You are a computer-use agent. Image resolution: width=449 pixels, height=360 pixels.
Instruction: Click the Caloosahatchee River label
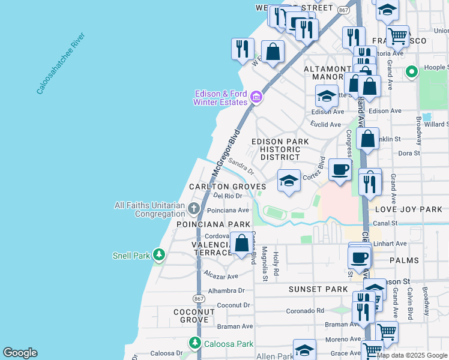click(x=61, y=64)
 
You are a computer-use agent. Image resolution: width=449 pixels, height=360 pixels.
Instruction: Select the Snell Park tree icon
click(x=158, y=255)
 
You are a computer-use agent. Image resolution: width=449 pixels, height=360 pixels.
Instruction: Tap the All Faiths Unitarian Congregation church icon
click(x=193, y=209)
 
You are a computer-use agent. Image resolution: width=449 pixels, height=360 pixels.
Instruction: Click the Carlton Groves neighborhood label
click(x=227, y=187)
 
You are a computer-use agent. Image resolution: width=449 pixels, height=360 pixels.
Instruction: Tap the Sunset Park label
click(x=318, y=289)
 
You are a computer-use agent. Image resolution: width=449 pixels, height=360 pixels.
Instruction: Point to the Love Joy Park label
click(x=408, y=209)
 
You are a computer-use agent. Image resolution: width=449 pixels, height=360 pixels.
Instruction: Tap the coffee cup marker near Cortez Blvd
click(x=340, y=170)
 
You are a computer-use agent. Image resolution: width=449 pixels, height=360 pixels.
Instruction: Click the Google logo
click(x=20, y=353)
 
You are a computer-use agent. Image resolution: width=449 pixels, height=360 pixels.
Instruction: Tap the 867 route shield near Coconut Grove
click(x=199, y=298)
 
